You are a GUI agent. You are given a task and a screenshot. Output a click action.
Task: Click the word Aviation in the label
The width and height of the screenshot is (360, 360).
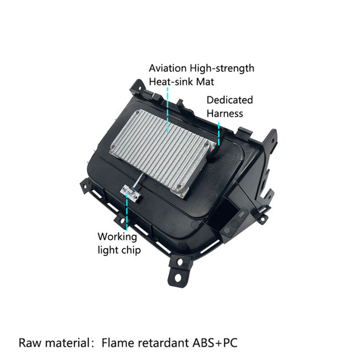coord(167,68)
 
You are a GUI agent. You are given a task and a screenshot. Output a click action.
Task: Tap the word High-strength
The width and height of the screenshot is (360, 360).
coord(222,69)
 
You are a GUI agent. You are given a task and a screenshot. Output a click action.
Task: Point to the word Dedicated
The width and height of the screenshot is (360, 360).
coord(229,100)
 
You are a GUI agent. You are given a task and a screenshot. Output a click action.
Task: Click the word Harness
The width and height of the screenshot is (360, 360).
coord(225,114)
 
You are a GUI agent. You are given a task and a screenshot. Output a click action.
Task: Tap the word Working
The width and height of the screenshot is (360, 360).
coord(117,237)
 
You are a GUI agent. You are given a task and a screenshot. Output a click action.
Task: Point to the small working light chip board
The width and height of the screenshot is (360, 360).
coord(130,193)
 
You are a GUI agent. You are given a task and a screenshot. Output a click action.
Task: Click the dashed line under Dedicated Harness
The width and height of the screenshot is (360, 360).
coord(219,134)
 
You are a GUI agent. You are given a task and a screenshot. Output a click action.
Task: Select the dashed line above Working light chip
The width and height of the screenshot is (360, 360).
coord(127,213)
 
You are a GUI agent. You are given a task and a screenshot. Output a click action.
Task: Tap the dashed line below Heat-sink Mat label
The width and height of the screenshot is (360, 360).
coord(167,110)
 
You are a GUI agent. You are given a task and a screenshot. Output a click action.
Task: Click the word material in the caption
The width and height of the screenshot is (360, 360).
coord(68,343)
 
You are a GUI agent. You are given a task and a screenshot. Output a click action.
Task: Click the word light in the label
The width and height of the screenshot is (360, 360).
coord(108,250)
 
